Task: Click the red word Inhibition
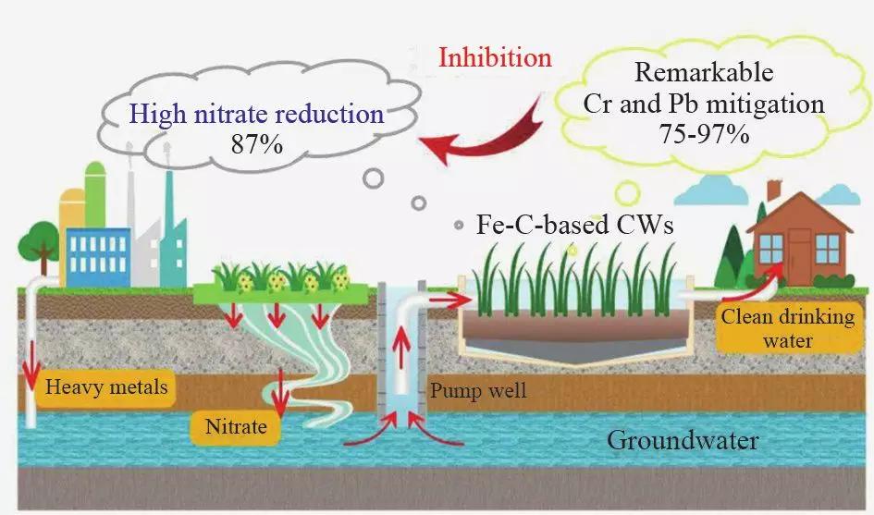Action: [x=495, y=57]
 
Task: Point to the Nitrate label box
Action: [x=236, y=427]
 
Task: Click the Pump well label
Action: [x=478, y=390]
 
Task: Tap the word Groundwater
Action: [x=682, y=439]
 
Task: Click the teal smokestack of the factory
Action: [x=169, y=223]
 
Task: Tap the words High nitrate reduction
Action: [x=256, y=114]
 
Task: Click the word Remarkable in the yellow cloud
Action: [x=703, y=72]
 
